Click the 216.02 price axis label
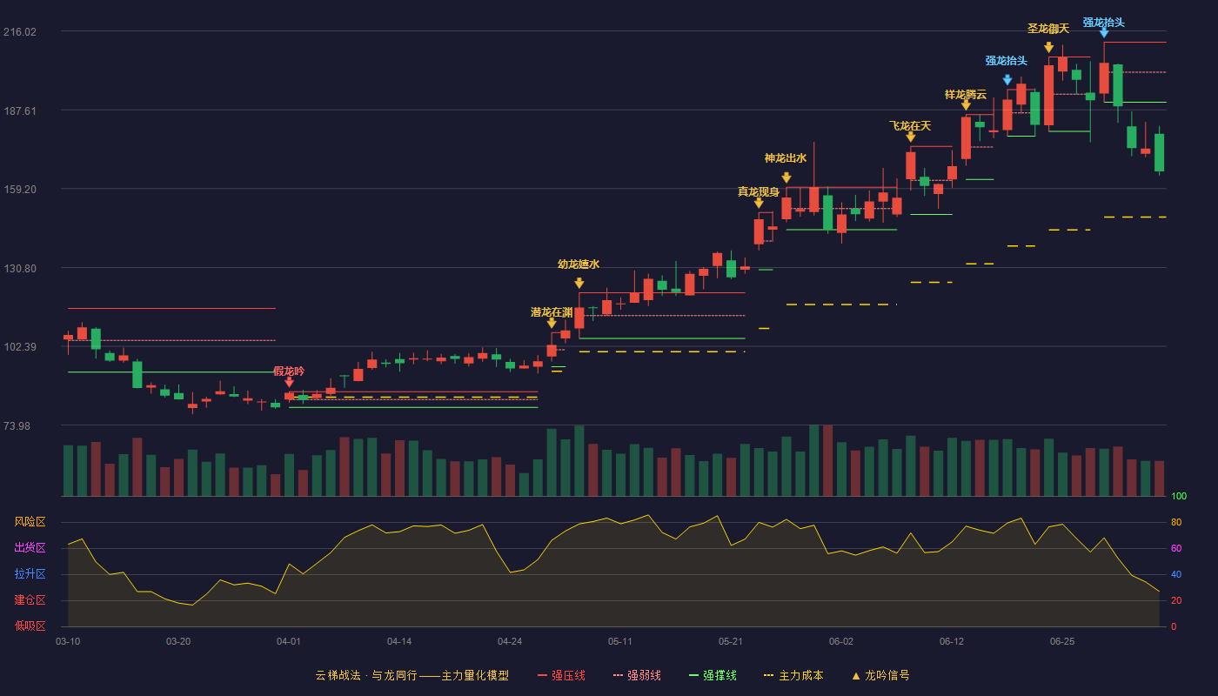(x=20, y=32)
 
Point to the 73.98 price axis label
(x=17, y=425)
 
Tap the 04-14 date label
(x=399, y=642)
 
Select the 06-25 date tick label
(x=1062, y=642)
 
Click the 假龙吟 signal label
(x=289, y=371)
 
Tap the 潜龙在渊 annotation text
(x=552, y=312)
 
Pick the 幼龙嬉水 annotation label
(x=579, y=264)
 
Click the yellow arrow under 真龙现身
(x=759, y=204)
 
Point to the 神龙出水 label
(x=786, y=158)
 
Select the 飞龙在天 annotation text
(x=910, y=126)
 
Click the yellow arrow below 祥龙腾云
(x=966, y=105)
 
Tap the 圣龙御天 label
(x=1048, y=29)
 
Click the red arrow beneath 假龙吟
(x=289, y=382)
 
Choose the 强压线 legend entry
(x=561, y=675)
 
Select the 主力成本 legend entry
(x=793, y=675)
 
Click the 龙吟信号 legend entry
(x=880, y=675)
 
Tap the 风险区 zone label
(x=30, y=521)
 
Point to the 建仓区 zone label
(x=30, y=599)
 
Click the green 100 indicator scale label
(x=1179, y=496)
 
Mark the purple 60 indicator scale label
(x=1176, y=548)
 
